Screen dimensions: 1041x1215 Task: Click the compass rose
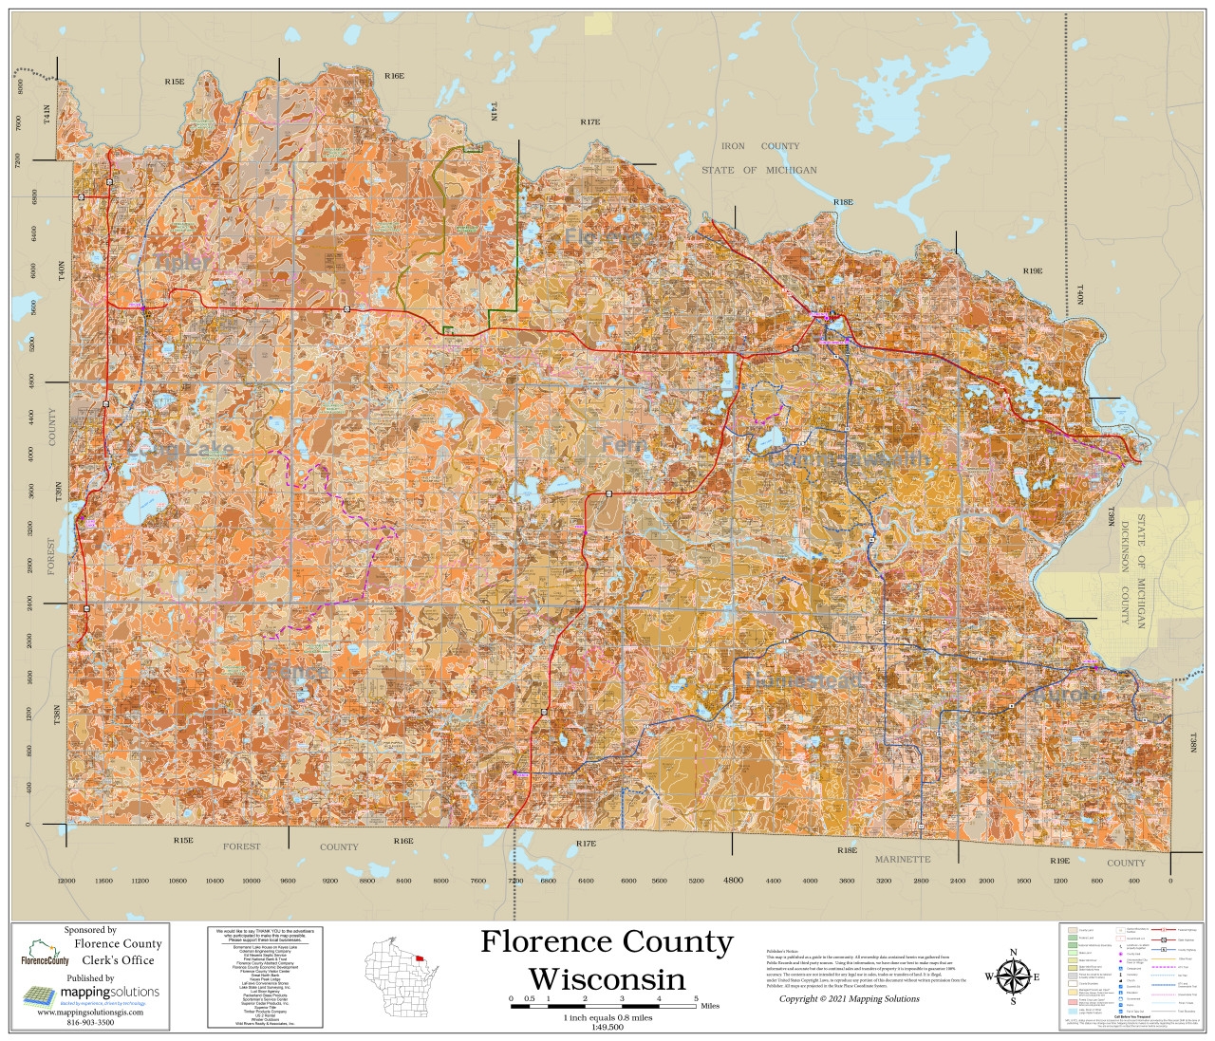1013,976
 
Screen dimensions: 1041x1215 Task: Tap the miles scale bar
604,1005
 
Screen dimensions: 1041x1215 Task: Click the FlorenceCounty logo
45,954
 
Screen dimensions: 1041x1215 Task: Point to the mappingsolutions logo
91,994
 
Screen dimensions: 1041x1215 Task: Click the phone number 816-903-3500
90,1022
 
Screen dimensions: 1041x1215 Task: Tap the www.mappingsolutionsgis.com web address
90,1013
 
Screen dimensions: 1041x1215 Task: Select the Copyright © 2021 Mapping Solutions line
849,998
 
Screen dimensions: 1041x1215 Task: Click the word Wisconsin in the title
607,978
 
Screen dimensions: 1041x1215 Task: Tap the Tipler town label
183,262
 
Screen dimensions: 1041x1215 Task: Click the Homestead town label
804,681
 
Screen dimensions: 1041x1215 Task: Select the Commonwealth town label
848,459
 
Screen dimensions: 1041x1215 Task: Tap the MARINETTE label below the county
902,859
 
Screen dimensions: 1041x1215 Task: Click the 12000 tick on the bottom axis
65,881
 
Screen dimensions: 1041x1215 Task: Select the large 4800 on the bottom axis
733,881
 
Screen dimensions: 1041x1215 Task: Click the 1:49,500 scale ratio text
607,1027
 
